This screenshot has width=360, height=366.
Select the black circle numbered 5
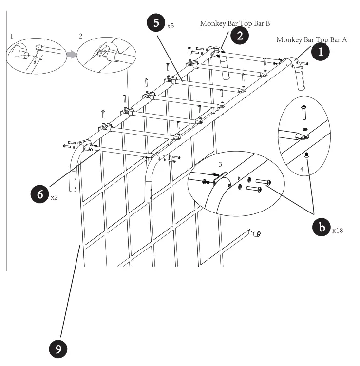(x=156, y=23)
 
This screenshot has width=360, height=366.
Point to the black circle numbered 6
(x=39, y=194)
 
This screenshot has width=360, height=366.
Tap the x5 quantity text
(x=170, y=26)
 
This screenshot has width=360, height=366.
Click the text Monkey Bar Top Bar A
(x=311, y=40)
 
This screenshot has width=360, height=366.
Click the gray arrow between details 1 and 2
(x=72, y=55)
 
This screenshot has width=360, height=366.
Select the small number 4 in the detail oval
(x=302, y=169)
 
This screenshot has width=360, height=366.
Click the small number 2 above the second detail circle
(x=80, y=36)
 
